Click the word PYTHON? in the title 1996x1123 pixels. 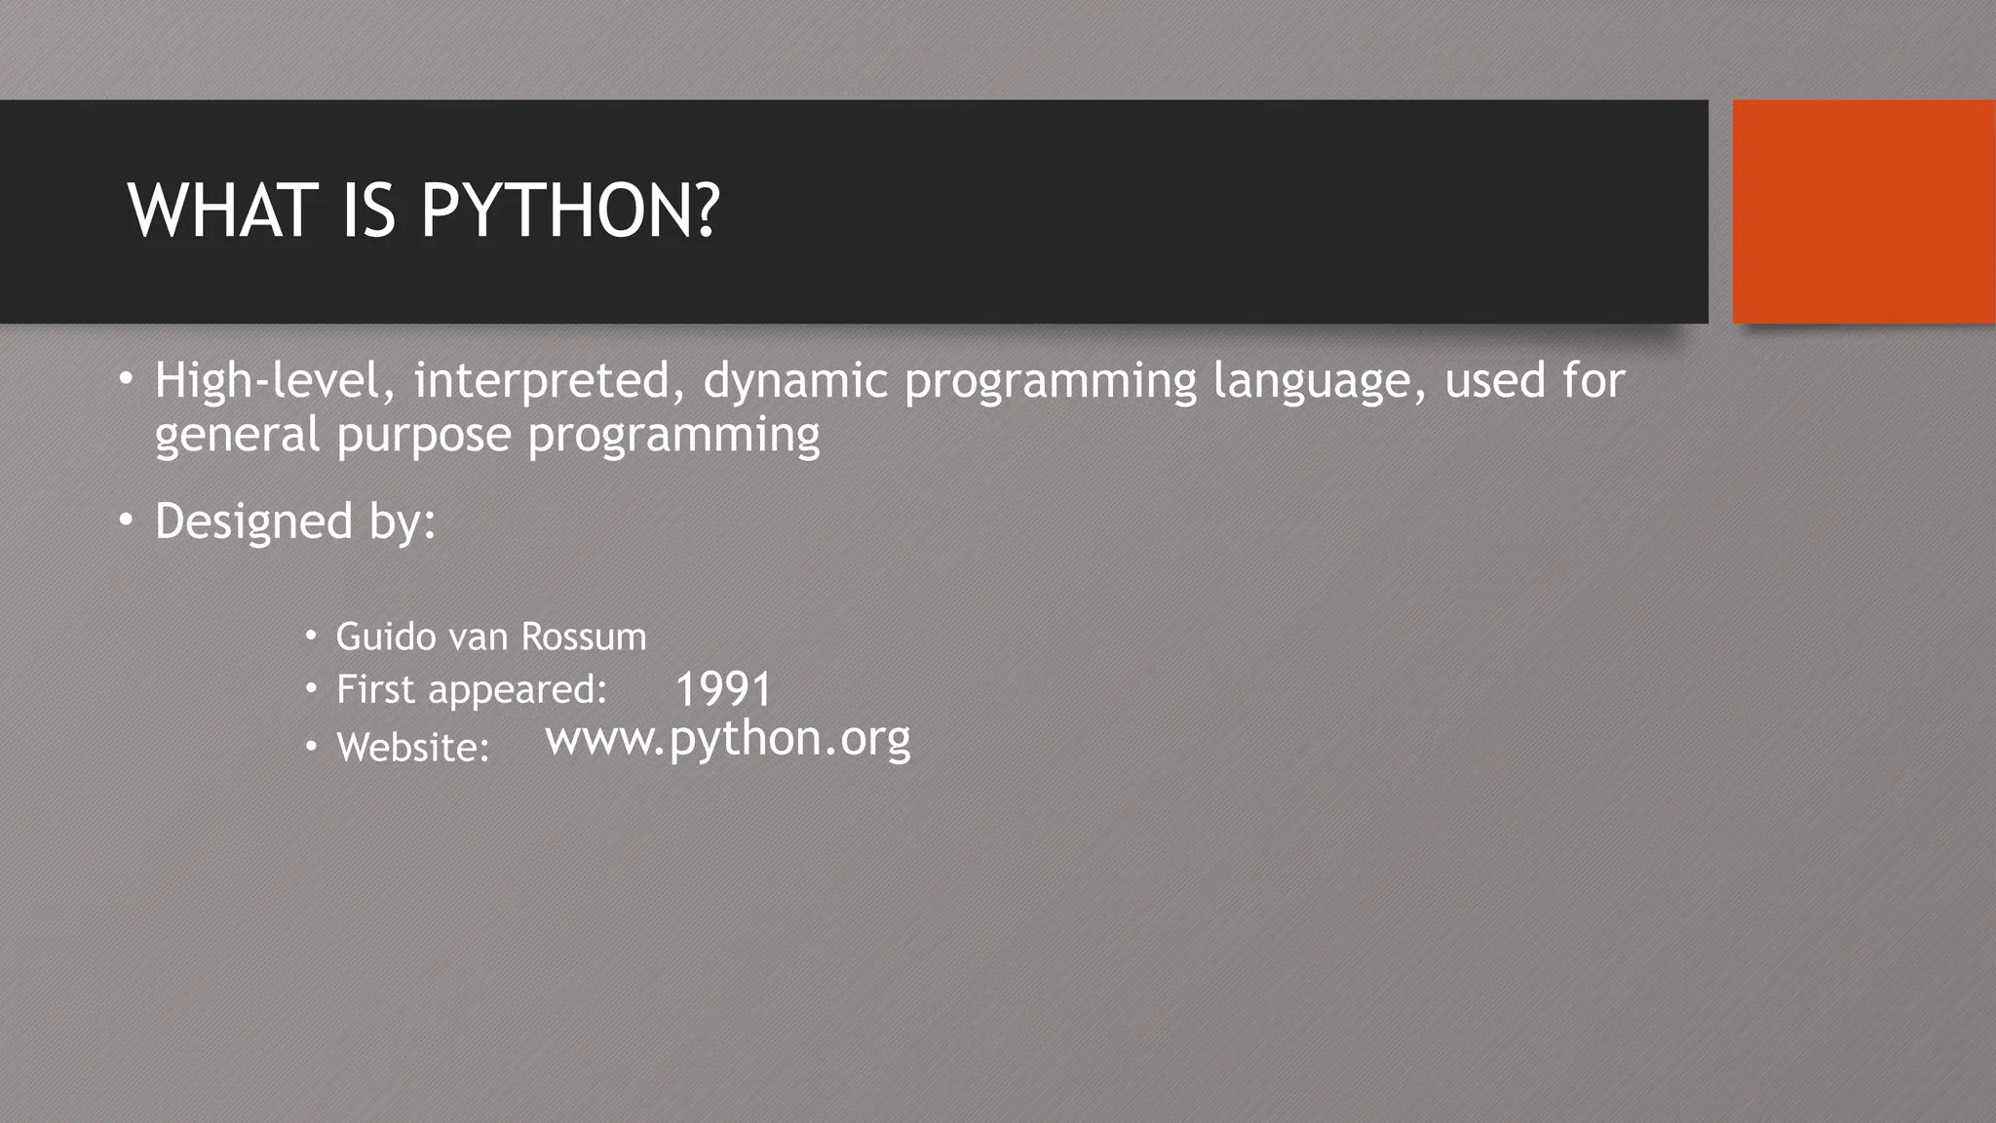(x=570, y=212)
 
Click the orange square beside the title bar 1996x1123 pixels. (x=1863, y=212)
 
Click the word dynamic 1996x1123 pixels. (x=795, y=380)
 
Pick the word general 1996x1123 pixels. (x=237, y=434)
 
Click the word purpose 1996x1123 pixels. (x=423, y=434)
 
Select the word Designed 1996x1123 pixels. (x=253, y=522)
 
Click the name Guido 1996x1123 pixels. (x=386, y=637)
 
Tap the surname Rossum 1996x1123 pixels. (x=584, y=637)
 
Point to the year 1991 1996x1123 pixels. (x=723, y=690)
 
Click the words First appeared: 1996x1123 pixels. (x=472, y=690)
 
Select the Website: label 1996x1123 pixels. (x=412, y=748)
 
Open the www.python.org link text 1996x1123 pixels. (x=728, y=739)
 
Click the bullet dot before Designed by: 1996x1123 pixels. (x=126, y=522)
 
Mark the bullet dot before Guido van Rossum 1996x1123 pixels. (x=311, y=637)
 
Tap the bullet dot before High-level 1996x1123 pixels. (x=126, y=378)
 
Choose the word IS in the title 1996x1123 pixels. (x=368, y=212)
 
